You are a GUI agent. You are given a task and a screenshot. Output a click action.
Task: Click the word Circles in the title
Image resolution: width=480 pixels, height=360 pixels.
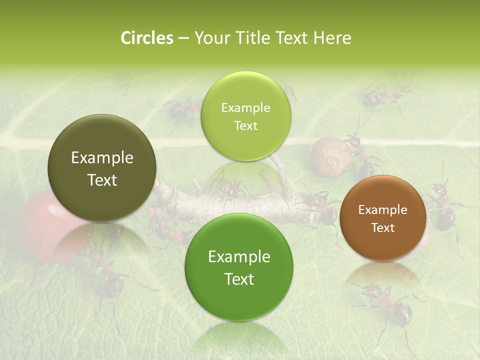point(146,38)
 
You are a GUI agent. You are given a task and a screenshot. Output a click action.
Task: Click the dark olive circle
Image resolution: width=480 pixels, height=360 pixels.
point(101,168)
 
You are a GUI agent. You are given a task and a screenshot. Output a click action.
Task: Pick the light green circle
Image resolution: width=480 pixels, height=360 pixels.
point(245,116)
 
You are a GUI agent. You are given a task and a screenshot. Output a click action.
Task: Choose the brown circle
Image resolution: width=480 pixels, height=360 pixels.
point(382,218)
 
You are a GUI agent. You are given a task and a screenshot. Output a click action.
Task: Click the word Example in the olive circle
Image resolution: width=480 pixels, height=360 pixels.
point(102,158)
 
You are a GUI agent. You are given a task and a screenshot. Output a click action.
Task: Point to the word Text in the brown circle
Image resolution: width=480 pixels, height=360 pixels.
point(383,228)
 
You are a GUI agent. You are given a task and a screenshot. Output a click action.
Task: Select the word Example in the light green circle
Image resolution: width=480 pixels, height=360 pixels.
point(245,108)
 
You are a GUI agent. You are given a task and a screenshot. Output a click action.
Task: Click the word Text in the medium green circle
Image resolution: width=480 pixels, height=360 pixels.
point(239,279)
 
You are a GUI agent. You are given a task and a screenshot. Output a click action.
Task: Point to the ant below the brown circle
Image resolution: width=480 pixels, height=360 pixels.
point(390,302)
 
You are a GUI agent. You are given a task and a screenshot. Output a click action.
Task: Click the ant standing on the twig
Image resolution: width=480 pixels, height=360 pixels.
point(227,187)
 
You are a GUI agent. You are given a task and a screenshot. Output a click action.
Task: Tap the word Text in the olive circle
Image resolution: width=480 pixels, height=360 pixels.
point(102,180)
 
